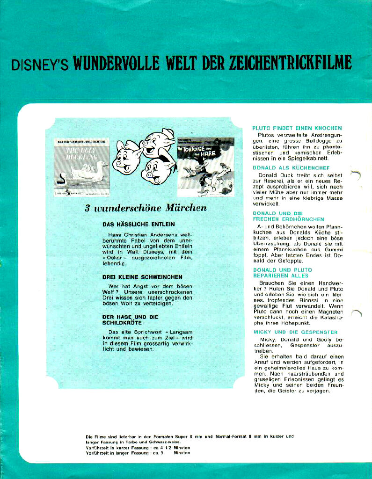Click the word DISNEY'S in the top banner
(40, 65)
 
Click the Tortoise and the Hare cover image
(205, 166)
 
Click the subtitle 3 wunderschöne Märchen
(145, 208)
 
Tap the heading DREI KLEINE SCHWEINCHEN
(142, 277)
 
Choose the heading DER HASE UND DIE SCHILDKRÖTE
(131, 320)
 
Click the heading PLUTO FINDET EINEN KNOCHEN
(297, 128)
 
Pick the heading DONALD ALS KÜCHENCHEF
(291, 167)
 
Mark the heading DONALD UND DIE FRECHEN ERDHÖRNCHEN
(288, 216)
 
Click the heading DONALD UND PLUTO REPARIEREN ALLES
(282, 273)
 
